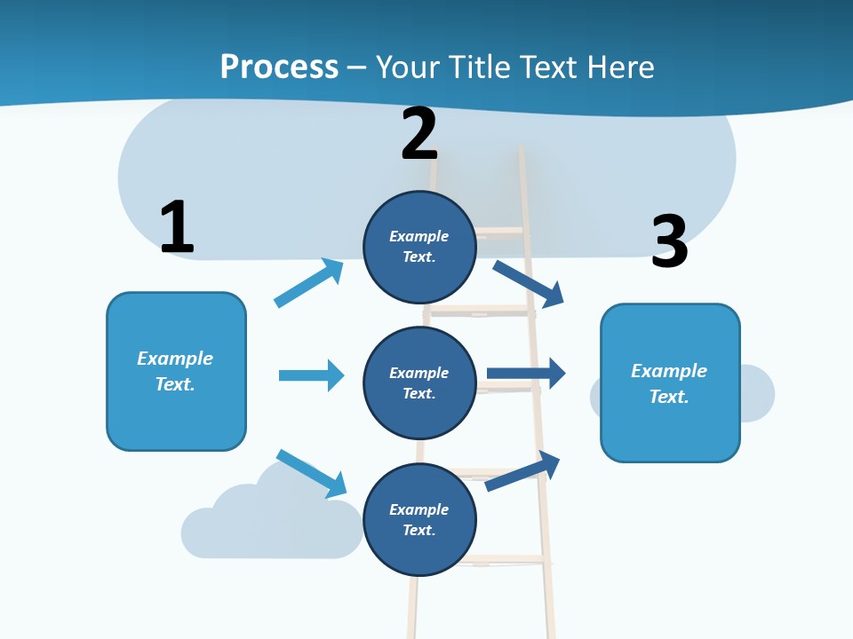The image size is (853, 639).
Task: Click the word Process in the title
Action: pyautogui.click(x=279, y=67)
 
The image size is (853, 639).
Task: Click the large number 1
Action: pyautogui.click(x=177, y=227)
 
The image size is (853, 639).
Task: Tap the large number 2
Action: pyautogui.click(x=419, y=134)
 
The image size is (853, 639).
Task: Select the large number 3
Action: pyautogui.click(x=669, y=241)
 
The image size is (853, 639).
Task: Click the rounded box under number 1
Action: pyautogui.click(x=176, y=371)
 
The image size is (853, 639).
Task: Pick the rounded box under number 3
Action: pyautogui.click(x=670, y=383)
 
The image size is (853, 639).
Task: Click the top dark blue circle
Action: pyautogui.click(x=419, y=247)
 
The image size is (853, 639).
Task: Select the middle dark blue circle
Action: pyautogui.click(x=419, y=383)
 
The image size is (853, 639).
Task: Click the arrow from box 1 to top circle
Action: pyautogui.click(x=309, y=282)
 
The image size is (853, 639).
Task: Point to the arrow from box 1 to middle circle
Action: pyautogui.click(x=311, y=375)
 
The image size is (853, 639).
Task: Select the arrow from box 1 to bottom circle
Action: pyautogui.click(x=311, y=472)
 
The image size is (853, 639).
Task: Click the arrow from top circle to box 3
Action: pyautogui.click(x=530, y=284)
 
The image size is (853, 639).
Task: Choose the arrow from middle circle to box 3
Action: pyautogui.click(x=526, y=374)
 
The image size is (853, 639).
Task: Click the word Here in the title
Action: pyautogui.click(x=622, y=67)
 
